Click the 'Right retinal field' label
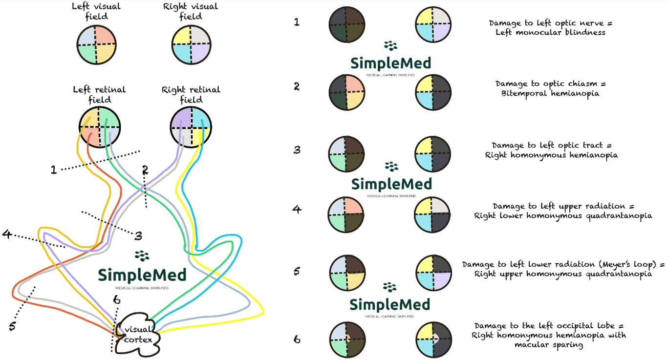pyautogui.click(x=191, y=94)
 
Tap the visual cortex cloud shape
pyautogui.click(x=138, y=335)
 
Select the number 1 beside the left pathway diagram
pyautogui.click(x=54, y=170)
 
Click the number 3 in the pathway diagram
pyautogui.click(x=138, y=236)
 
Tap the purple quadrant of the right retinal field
pyautogui.click(x=181, y=117)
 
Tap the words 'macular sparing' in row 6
pyautogui.click(x=549, y=344)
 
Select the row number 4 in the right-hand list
pyautogui.click(x=297, y=210)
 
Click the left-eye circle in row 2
pyautogui.click(x=346, y=92)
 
